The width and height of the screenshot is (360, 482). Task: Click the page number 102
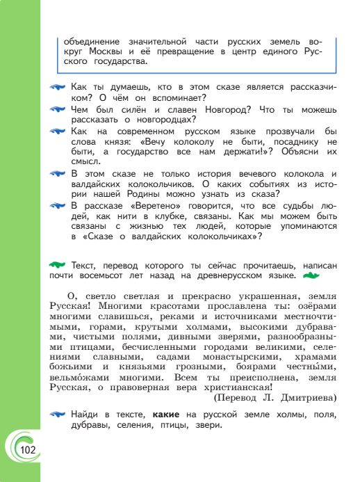click(x=28, y=451)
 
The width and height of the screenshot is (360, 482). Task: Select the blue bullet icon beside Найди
click(x=60, y=416)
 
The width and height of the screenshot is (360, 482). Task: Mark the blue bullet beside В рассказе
click(x=60, y=207)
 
